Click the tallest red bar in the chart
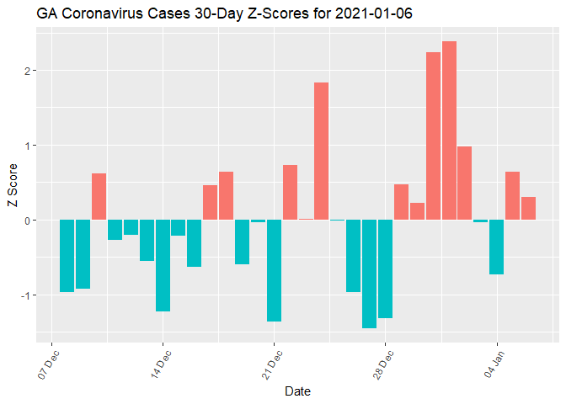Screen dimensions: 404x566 pyautogui.click(x=449, y=130)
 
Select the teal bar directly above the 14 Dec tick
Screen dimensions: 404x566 pyautogui.click(x=163, y=266)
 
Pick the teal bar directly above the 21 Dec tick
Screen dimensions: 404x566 pyautogui.click(x=274, y=271)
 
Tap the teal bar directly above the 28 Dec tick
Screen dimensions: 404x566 pyautogui.click(x=385, y=269)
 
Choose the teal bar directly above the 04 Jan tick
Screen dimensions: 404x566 pyautogui.click(x=497, y=247)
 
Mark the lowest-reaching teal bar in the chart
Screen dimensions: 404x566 pyautogui.click(x=369, y=274)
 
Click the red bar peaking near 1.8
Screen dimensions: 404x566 pyautogui.click(x=321, y=151)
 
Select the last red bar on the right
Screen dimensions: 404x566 pyautogui.click(x=529, y=209)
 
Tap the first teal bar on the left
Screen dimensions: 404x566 pyautogui.click(x=67, y=256)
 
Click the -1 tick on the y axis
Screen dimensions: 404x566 pyautogui.click(x=25, y=295)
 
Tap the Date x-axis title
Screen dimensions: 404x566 pyautogui.click(x=298, y=391)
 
